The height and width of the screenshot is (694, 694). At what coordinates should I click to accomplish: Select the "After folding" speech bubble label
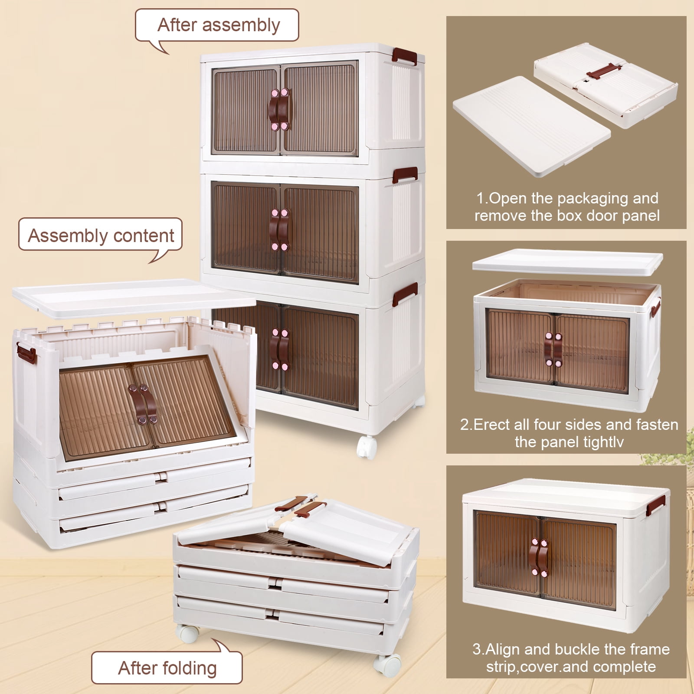pyautogui.click(x=167, y=668)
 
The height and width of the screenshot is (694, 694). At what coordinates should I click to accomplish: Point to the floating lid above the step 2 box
pyautogui.click(x=567, y=263)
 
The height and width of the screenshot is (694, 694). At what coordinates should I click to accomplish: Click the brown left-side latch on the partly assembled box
pyautogui.click(x=26, y=352)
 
